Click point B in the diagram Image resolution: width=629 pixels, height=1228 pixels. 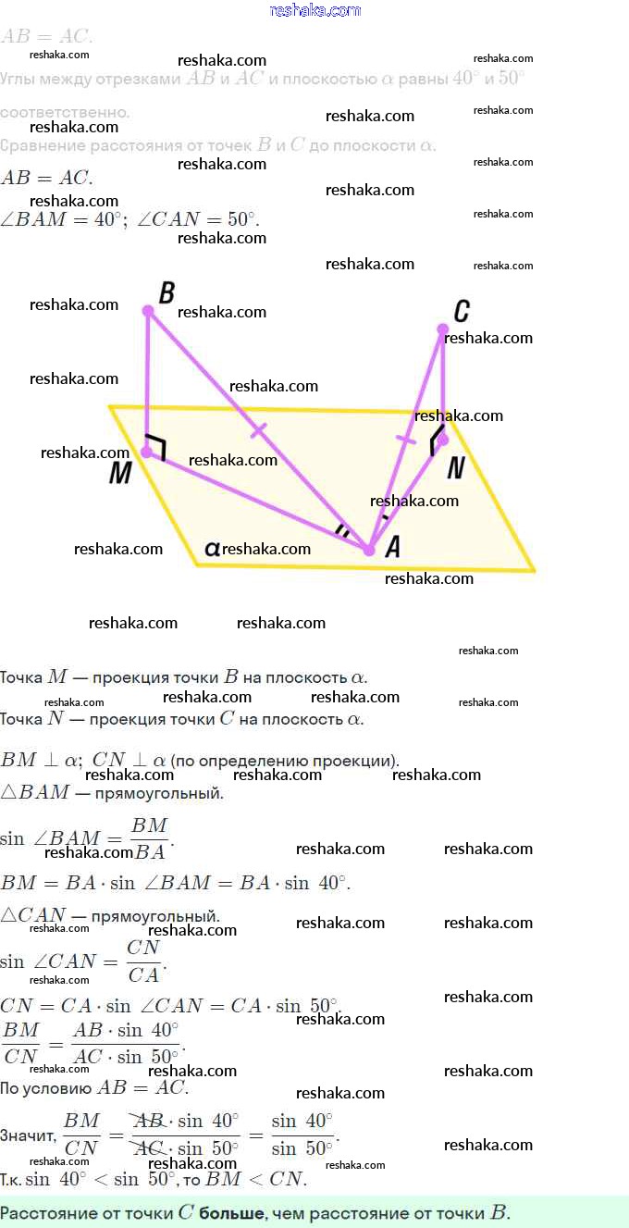pos(147,312)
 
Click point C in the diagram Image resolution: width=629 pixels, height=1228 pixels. pos(443,329)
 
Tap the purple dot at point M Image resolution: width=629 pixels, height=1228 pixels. pos(146,452)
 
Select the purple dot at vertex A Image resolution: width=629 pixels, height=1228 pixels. pos(369,550)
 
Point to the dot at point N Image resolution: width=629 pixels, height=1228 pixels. pos(443,440)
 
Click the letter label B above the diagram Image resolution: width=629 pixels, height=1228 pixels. pos(166,293)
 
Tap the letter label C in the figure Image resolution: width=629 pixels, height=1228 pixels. pos(462,311)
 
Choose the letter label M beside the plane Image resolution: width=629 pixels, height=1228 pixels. pos(120,474)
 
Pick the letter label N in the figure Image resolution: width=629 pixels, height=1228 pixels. pos(455,469)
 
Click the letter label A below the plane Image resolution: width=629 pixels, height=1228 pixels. pos(392,548)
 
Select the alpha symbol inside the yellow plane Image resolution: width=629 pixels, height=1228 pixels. pos(212,550)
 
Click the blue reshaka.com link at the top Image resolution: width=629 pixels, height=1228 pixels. pos(314,10)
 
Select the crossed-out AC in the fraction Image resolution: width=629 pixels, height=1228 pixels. pos(150,1148)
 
